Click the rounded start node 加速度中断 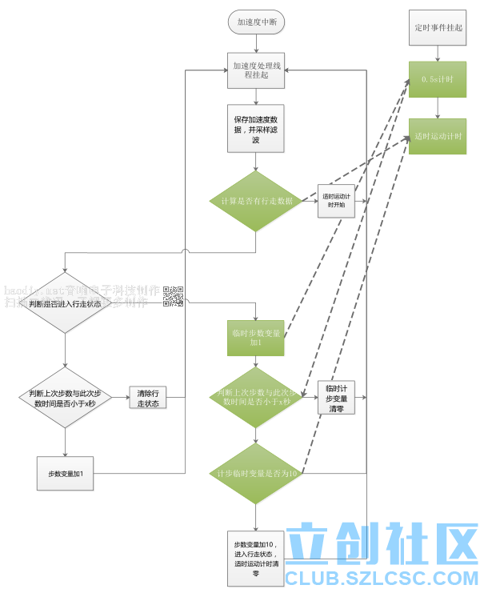pyautogui.click(x=257, y=22)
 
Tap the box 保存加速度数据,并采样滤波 pyautogui.click(x=256, y=129)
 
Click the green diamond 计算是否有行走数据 pyautogui.click(x=256, y=201)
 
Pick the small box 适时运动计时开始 pyautogui.click(x=334, y=200)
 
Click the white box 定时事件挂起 pyautogui.click(x=438, y=27)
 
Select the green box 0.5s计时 pyautogui.click(x=438, y=79)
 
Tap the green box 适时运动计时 pyautogui.click(x=438, y=136)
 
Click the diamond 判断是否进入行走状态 pyautogui.click(x=64, y=304)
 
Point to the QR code pyautogui.click(x=174, y=296)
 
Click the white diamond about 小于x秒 pyautogui.click(x=64, y=398)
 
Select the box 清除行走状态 pyautogui.click(x=148, y=398)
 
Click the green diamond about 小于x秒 pyautogui.click(x=256, y=397)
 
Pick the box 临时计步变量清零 pyautogui.click(x=336, y=397)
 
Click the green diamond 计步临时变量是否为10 pyautogui.click(x=256, y=474)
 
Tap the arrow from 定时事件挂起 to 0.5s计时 pyautogui.click(x=438, y=52)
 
